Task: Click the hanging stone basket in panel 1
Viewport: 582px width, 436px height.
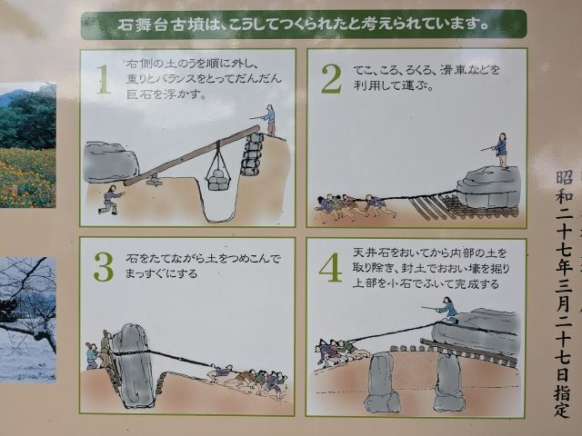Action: point(217,173)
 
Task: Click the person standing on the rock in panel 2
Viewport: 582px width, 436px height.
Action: point(500,149)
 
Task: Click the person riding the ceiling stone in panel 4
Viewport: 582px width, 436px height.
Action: point(447,312)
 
